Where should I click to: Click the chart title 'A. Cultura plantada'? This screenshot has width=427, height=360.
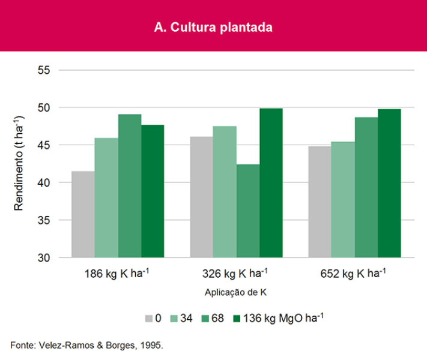213,27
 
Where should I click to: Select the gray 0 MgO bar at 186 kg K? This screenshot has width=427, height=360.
83,214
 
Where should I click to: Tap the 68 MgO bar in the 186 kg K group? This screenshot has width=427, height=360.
130,185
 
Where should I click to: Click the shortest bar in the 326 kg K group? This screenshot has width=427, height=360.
247,211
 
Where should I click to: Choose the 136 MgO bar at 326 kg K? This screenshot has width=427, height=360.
271,183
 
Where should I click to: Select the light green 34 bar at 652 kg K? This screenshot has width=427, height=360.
343,199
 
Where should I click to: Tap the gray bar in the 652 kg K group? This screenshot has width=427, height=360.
319,202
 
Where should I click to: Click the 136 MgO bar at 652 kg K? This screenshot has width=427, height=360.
389,183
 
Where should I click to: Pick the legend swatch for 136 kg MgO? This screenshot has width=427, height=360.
235,318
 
